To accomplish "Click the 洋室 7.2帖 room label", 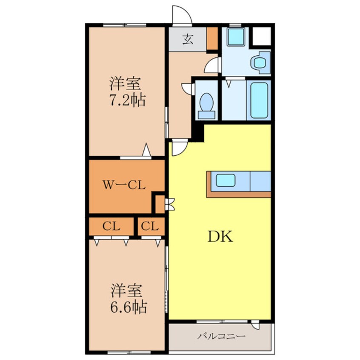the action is tap(127, 92).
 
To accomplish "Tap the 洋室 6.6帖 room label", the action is tap(129, 299).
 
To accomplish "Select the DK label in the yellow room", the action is tap(220, 237).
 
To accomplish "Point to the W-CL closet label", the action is tap(124, 185).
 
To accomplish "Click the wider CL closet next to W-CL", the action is tap(111, 226).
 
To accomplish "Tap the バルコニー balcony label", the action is tap(221, 337).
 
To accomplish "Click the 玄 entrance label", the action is tap(188, 40).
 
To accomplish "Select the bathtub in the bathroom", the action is tap(259, 100).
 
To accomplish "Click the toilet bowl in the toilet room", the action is tap(206, 106).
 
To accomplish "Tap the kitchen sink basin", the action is tap(226, 180).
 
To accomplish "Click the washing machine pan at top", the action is tap(235, 37).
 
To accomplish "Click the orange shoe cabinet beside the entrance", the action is tap(212, 38).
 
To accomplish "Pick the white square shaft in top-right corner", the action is tap(262, 36).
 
